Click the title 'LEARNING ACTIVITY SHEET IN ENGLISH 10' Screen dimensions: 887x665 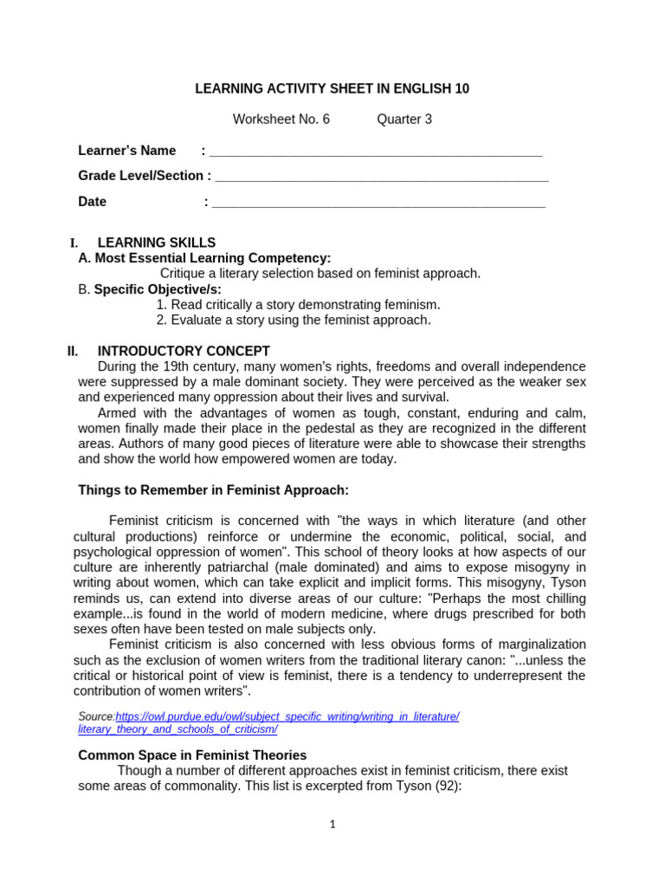coord(332,89)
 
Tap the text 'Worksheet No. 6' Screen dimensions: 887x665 coord(281,120)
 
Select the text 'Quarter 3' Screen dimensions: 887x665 coord(404,120)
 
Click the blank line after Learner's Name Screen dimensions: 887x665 coord(376,152)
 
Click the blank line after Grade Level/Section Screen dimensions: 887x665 coord(381,178)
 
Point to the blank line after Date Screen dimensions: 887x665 coord(378,204)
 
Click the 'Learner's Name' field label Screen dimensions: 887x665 coord(127,151)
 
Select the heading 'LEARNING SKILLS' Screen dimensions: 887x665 coord(157,243)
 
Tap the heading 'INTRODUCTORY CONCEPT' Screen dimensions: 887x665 coord(184,351)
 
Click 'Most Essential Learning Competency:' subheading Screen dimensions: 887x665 coord(204,258)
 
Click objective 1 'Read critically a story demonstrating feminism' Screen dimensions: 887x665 coord(299,304)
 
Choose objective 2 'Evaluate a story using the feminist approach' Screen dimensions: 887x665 coord(294,320)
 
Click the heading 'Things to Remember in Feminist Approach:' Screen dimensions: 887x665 coord(213,490)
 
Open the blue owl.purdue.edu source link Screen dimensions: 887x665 coord(287,716)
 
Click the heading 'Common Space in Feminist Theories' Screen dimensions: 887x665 coord(192,755)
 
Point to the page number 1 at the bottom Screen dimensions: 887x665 coord(332,825)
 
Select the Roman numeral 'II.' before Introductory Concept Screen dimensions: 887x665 coord(73,351)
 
